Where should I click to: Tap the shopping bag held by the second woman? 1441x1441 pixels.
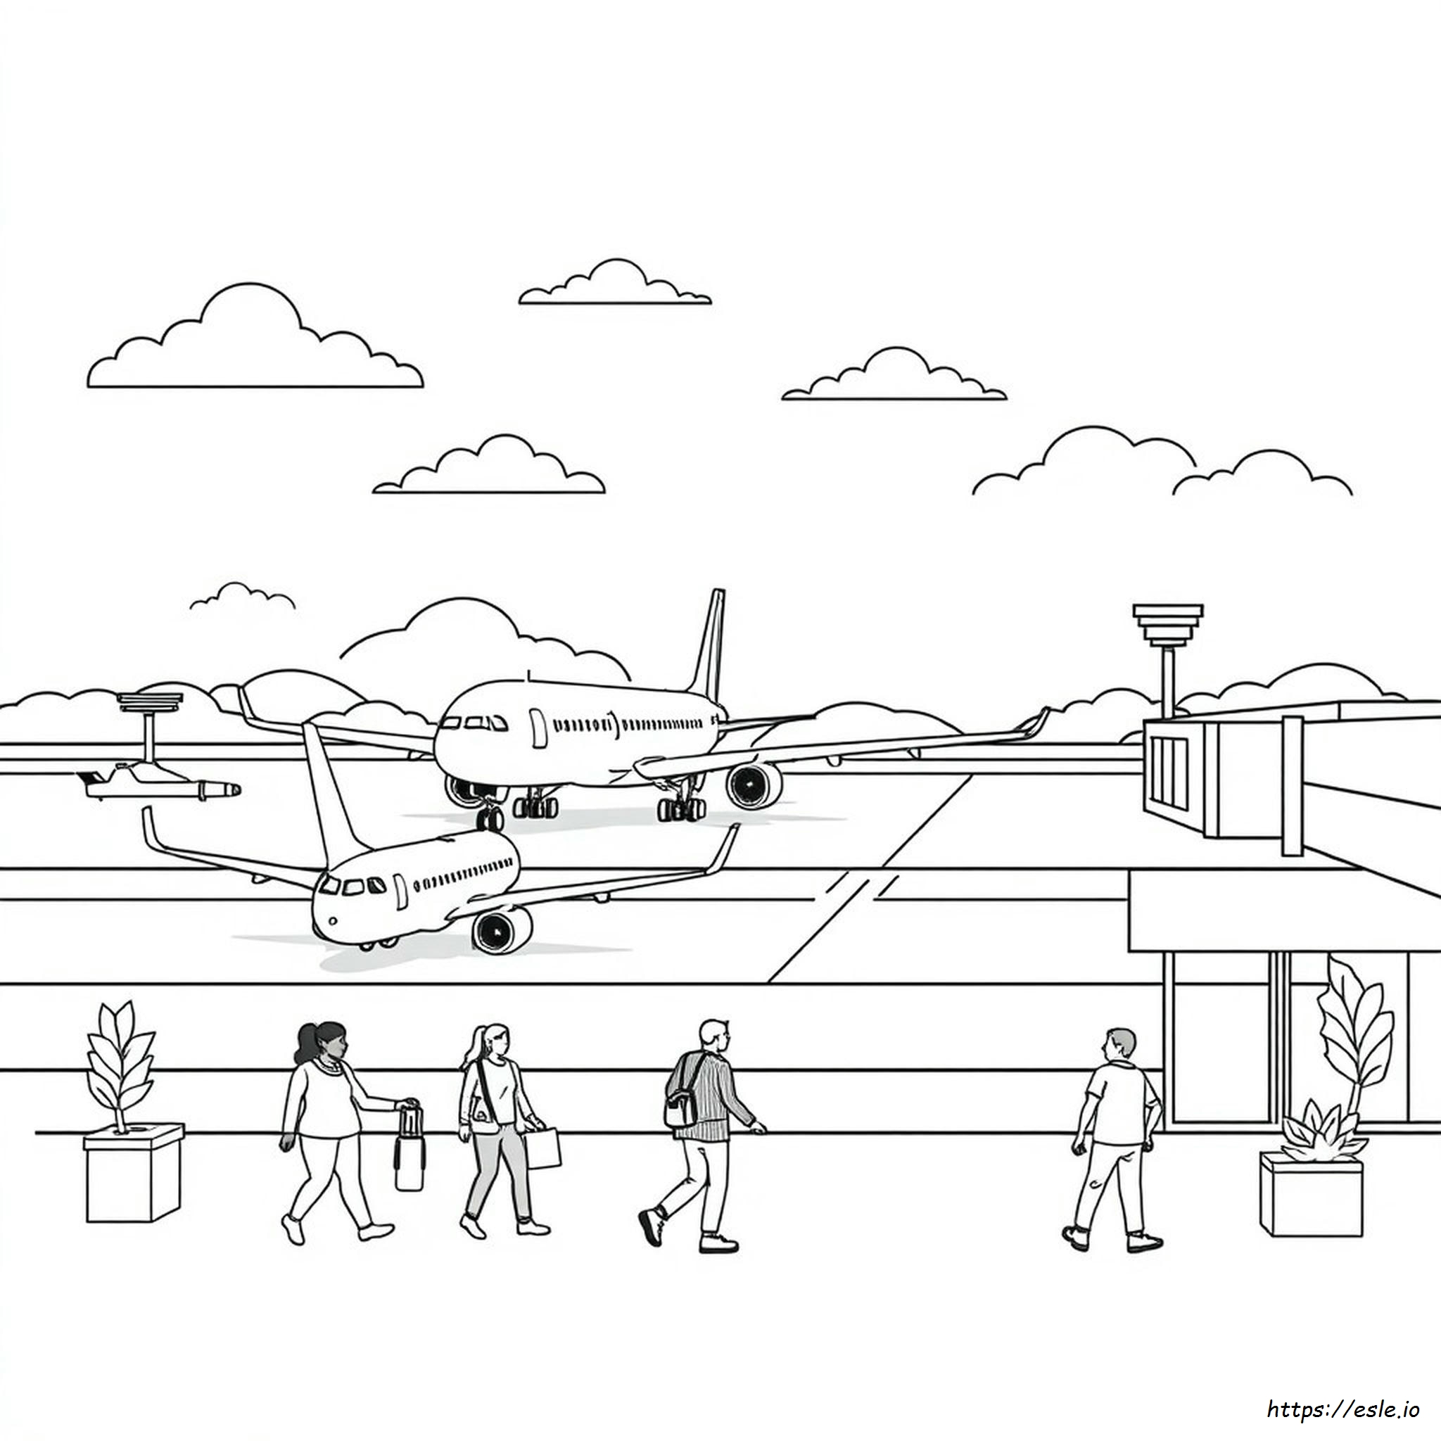pos(542,1148)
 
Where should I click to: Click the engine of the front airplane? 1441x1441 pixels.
pos(502,929)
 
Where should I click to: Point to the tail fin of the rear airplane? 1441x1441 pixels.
pos(708,645)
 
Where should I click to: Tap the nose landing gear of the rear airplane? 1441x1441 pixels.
pos(490,816)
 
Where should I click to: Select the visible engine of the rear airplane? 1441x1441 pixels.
pos(754,785)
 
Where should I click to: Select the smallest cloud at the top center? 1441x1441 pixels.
pos(243,596)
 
